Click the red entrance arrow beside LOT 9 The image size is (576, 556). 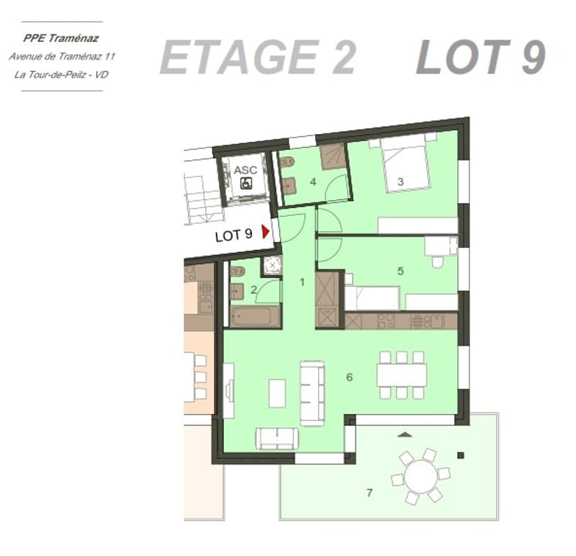coord(265,231)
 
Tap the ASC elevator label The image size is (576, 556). coord(246,170)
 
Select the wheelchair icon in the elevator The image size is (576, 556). coord(246,183)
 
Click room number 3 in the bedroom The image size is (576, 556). coord(400,181)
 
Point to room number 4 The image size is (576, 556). coord(313,181)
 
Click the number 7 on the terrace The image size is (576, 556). coord(369,493)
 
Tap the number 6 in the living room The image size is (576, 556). coord(349,377)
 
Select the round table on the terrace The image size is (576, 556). coord(420,476)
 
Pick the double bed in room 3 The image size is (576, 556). coord(405,163)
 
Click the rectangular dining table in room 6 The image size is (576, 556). coord(402,375)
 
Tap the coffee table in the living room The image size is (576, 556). coord(277,393)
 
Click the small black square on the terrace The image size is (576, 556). coord(461,456)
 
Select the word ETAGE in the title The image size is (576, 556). coord(240,58)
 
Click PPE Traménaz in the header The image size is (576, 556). coord(61,38)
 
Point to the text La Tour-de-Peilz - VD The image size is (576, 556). coord(61,75)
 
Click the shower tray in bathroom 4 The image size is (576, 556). coord(333,157)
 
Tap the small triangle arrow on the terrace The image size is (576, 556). coord(405,435)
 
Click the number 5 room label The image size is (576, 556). coord(400,272)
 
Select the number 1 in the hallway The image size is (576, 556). coord(302,282)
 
